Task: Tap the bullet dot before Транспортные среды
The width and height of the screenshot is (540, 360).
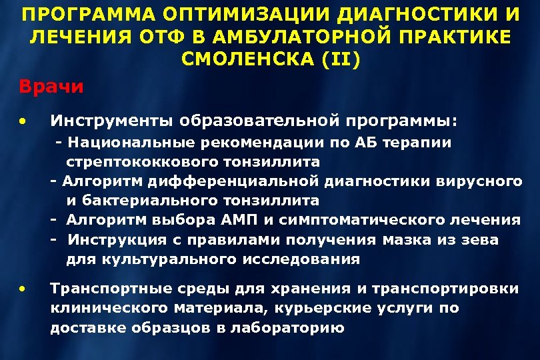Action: click(23, 289)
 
